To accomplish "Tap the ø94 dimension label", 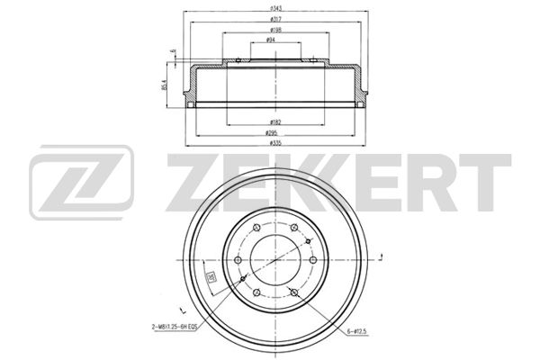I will click(272, 41).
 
